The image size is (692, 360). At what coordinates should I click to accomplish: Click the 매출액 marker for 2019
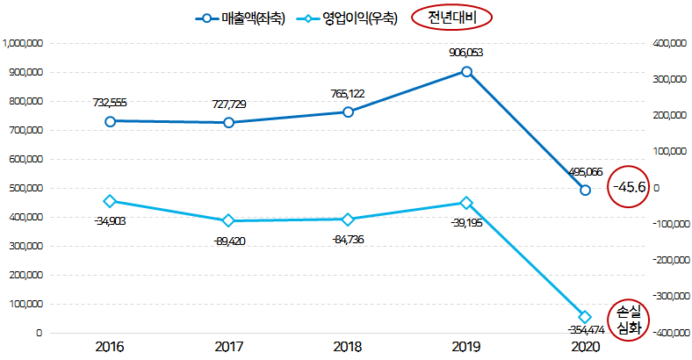click(x=466, y=71)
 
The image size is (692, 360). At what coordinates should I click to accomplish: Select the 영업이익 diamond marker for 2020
click(x=585, y=317)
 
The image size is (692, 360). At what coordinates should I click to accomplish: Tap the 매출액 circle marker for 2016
click(x=111, y=121)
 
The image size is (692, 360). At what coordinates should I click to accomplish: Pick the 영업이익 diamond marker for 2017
click(x=228, y=220)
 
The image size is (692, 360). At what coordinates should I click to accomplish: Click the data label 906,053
click(x=465, y=53)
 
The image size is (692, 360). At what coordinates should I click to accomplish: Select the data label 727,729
click(x=229, y=104)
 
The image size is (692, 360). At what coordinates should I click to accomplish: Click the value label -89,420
click(x=229, y=240)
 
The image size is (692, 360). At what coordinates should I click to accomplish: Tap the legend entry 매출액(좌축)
click(x=240, y=18)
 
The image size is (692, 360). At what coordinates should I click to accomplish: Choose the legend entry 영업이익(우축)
click(x=350, y=18)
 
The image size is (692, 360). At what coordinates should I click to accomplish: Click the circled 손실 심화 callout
click(x=629, y=320)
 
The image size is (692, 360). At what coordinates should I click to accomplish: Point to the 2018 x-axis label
click(x=348, y=348)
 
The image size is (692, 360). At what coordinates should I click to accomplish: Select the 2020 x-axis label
click(x=584, y=348)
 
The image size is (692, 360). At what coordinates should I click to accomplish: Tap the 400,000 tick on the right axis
click(x=669, y=42)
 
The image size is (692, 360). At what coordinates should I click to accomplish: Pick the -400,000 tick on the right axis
click(x=667, y=333)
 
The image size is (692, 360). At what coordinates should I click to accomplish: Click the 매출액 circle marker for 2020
click(x=585, y=190)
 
